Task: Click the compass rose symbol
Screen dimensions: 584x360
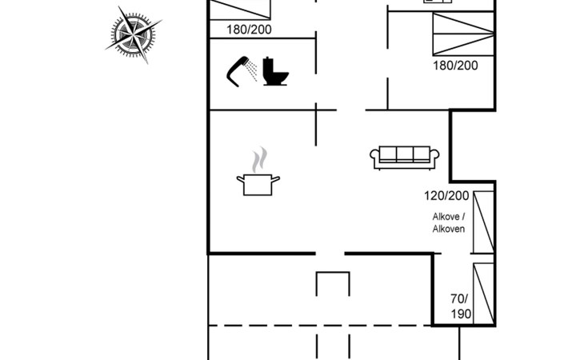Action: [133, 34]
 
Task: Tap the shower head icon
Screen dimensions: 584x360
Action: [238, 70]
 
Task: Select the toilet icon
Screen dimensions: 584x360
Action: [275, 71]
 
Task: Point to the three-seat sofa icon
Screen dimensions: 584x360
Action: [405, 158]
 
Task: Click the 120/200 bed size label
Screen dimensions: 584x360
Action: [446, 196]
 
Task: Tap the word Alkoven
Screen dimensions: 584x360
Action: [449, 229]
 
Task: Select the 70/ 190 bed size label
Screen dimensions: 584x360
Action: [460, 306]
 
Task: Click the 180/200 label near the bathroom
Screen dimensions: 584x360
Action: [249, 30]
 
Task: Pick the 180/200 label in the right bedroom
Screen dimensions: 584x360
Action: [455, 66]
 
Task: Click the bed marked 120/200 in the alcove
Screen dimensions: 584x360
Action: [483, 222]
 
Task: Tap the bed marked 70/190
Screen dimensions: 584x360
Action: [483, 294]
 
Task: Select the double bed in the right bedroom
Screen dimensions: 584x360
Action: [463, 34]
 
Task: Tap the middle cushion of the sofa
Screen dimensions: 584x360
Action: [405, 154]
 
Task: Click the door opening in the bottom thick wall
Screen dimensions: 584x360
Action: [330, 254]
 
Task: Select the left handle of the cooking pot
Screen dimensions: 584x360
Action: [240, 179]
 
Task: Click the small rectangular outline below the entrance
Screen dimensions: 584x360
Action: [333, 273]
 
